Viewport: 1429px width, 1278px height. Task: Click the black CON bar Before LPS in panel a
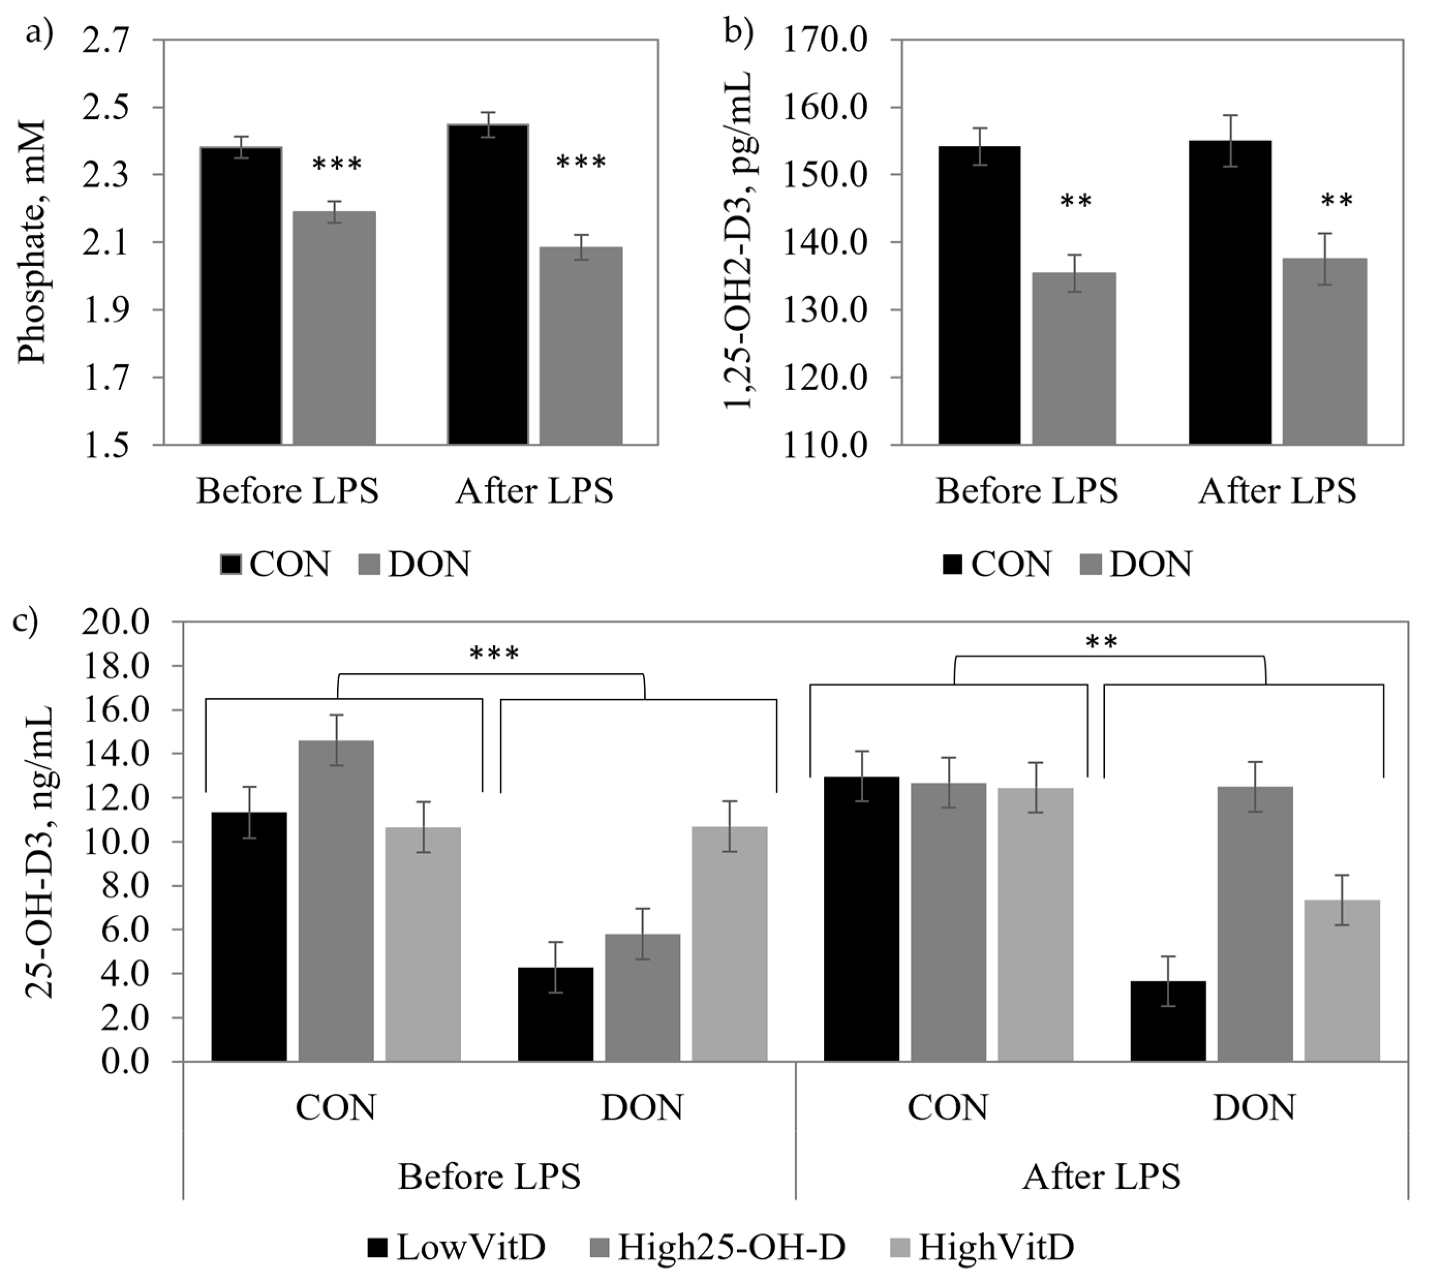tap(241, 295)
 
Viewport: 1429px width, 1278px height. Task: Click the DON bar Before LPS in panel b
tap(1073, 358)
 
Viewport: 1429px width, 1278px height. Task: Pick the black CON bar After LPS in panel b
tap(1230, 292)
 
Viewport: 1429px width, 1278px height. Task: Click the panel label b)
tap(738, 32)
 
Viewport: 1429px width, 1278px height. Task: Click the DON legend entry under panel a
tap(414, 564)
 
